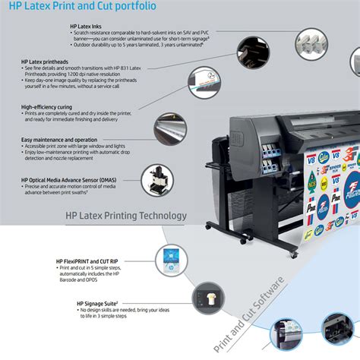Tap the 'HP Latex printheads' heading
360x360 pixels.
[x=50, y=61]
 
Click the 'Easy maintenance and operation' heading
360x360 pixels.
[x=59, y=140]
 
